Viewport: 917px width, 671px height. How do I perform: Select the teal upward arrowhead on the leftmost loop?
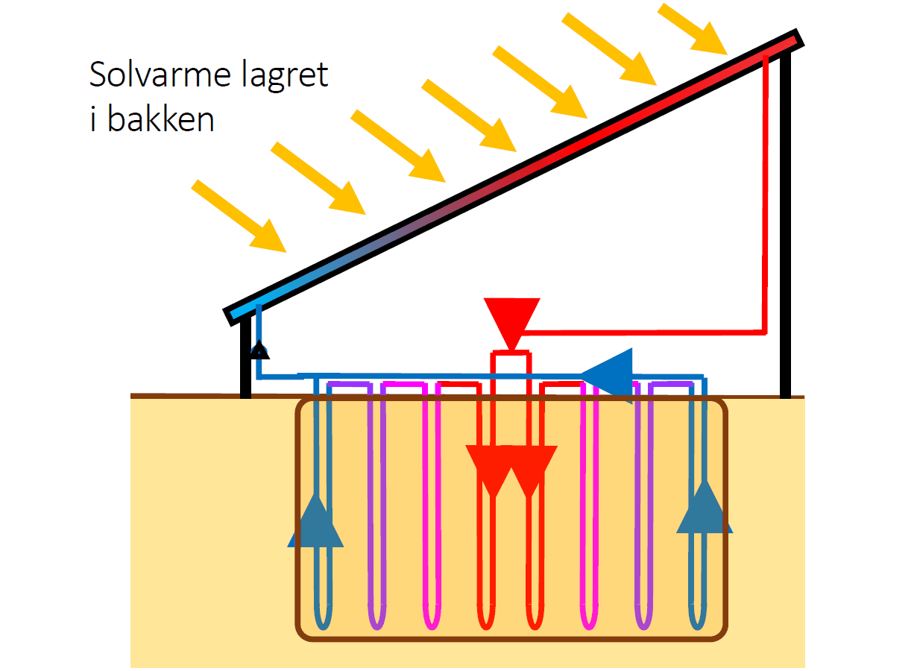pos(315,521)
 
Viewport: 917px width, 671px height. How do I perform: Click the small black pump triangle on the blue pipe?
pos(259,348)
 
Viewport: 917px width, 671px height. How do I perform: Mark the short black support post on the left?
pos(245,358)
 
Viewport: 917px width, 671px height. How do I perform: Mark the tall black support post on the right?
pos(784,224)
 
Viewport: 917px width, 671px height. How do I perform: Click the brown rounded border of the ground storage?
pos(298,522)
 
